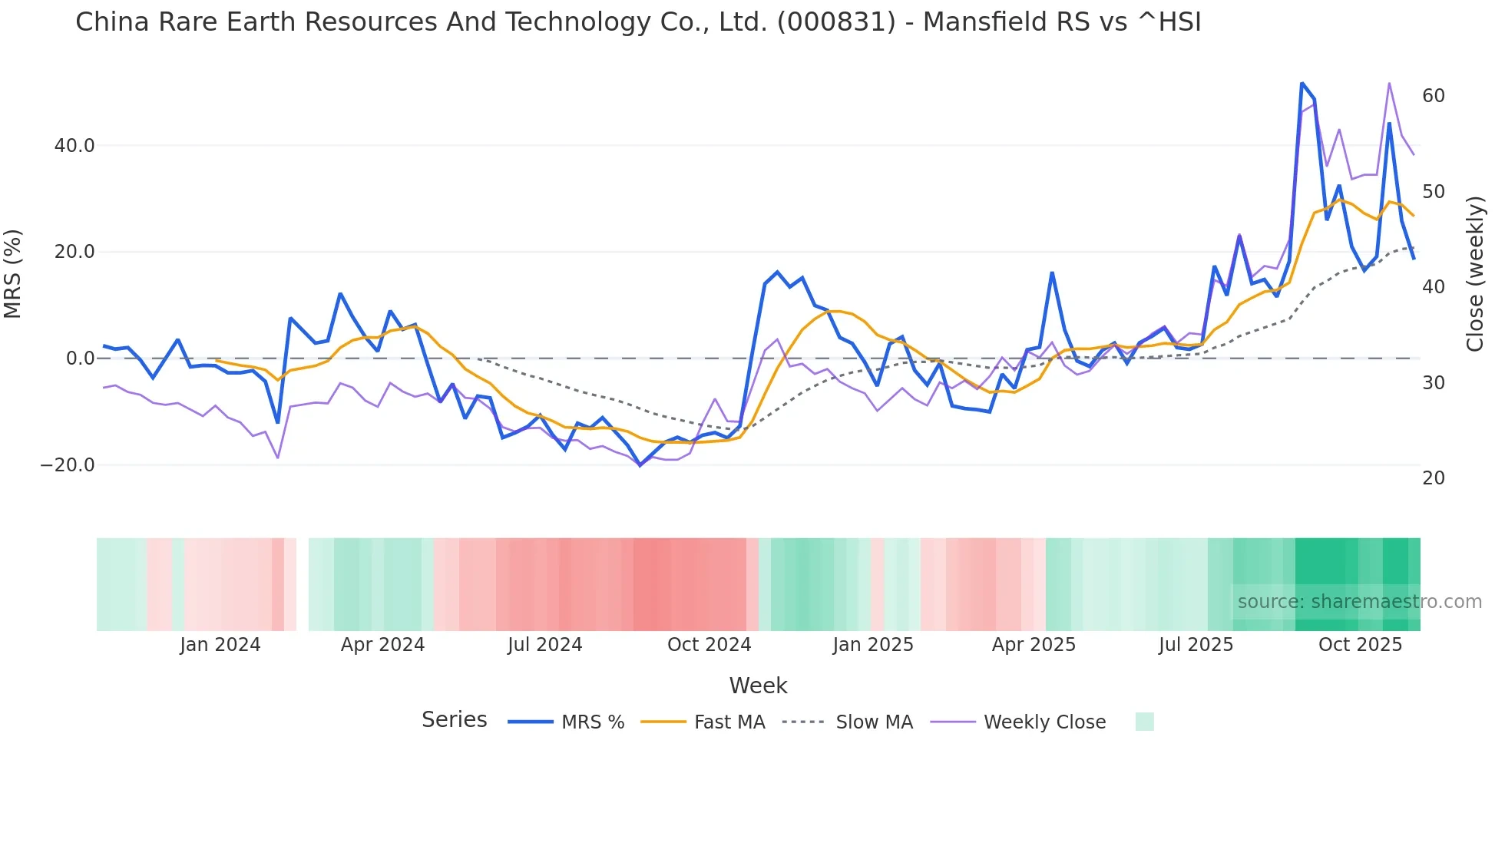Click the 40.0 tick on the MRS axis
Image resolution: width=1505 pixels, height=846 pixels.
point(74,145)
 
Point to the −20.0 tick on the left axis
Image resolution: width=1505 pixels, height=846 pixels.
point(68,464)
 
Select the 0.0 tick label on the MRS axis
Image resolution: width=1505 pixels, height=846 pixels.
point(81,358)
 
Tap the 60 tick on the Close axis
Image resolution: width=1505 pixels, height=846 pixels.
point(1433,95)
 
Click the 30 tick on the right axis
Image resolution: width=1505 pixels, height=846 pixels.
point(1433,382)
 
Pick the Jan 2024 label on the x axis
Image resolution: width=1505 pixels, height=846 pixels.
point(220,644)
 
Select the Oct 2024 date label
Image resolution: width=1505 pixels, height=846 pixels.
point(709,644)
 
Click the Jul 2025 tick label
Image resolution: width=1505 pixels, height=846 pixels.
point(1196,644)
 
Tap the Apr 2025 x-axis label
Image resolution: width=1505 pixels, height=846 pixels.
point(1034,644)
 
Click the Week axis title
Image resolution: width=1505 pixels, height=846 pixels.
point(758,685)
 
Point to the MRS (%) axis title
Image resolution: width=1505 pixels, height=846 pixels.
point(13,273)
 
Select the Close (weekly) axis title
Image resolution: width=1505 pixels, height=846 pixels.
point(1474,273)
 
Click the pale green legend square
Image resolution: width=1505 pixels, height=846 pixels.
point(1144,722)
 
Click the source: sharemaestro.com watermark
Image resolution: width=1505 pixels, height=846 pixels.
point(1359,601)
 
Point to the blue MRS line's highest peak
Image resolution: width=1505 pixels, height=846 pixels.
point(1302,83)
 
